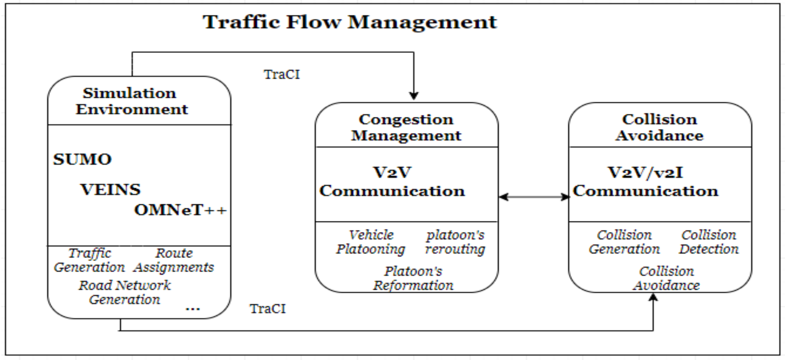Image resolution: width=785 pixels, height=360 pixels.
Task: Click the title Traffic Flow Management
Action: click(350, 23)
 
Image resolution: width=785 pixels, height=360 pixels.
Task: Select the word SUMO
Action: click(82, 159)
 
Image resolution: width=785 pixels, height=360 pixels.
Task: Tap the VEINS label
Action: click(110, 190)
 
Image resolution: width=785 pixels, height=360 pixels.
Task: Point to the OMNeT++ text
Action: click(180, 210)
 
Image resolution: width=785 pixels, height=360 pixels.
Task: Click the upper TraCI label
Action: click(281, 75)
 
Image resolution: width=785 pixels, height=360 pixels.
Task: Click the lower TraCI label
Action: click(268, 309)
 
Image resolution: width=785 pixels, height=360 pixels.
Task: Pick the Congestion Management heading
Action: click(406, 127)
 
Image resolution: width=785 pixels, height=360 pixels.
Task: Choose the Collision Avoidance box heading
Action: click(660, 127)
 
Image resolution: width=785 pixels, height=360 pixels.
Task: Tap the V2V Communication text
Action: click(392, 182)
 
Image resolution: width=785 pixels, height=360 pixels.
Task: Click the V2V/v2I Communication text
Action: click(645, 182)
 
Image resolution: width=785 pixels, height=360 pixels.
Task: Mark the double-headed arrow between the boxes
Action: click(534, 197)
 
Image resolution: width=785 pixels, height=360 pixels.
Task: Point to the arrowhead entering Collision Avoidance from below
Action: click(653, 297)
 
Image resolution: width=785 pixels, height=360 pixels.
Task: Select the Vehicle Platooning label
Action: click(371, 242)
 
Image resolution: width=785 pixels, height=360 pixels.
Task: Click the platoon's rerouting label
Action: click(455, 242)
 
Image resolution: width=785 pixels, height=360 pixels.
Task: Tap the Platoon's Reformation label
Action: click(413, 278)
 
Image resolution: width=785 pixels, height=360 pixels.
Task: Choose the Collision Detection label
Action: click(709, 242)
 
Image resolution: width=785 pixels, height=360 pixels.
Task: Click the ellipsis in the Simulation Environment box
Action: click(193, 309)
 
